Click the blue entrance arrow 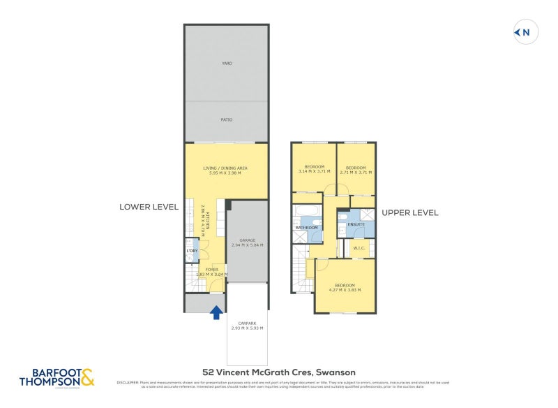(217, 312)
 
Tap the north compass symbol (526, 32)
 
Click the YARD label (227, 64)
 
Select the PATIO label (227, 119)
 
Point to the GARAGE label (248, 240)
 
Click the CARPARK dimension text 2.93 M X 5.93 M (248, 328)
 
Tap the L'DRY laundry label (192, 250)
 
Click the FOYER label (212, 269)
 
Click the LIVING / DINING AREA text (226, 168)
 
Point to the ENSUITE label (356, 224)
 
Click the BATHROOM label (307, 228)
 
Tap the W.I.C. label (360, 247)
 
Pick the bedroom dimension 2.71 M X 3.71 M (356, 171)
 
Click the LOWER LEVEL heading (149, 207)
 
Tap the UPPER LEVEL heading (409, 212)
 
